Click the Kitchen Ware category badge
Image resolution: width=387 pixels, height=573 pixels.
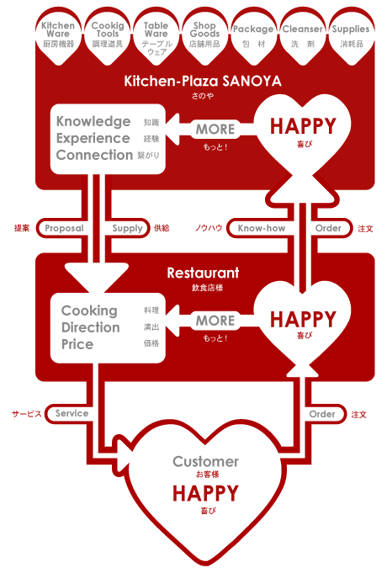click(58, 36)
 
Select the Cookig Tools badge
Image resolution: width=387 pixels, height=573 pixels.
click(108, 36)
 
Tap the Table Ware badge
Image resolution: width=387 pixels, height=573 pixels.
click(156, 36)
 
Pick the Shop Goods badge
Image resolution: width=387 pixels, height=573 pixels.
click(204, 36)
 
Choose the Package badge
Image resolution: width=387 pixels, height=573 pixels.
click(253, 36)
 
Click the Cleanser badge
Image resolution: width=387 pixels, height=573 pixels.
click(302, 36)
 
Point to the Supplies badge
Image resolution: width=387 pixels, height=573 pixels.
click(351, 36)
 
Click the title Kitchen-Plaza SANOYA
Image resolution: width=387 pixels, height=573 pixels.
click(203, 81)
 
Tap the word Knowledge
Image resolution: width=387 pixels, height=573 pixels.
click(93, 122)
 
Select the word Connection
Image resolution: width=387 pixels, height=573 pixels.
click(94, 155)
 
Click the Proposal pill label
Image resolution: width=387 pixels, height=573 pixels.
click(64, 228)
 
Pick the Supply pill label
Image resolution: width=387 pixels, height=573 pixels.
click(128, 228)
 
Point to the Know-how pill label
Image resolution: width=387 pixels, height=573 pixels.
click(262, 228)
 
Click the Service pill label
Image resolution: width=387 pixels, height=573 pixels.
click(72, 413)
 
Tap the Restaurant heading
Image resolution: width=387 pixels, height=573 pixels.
click(204, 273)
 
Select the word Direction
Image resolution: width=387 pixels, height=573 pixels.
click(91, 327)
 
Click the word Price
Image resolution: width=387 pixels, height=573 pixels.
click(77, 344)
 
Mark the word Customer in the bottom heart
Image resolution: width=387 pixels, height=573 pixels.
click(206, 462)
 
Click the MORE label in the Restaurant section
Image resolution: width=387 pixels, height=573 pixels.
click(215, 321)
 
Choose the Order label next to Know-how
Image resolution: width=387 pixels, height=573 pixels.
click(328, 228)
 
